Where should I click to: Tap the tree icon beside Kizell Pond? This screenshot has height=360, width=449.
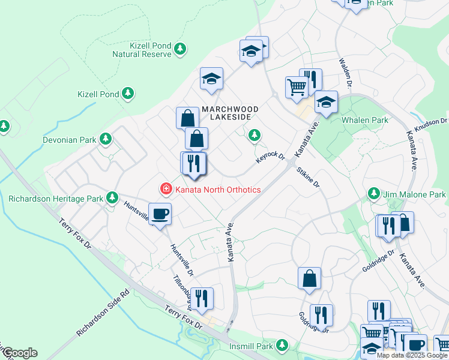point(127,94)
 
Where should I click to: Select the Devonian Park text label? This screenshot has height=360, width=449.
point(70,140)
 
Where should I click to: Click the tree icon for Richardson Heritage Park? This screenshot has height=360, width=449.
point(112,197)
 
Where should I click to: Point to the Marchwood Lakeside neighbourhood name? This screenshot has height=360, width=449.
point(230,113)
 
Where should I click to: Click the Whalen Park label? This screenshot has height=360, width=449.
point(365,120)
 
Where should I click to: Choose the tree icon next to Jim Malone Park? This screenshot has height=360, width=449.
point(374,194)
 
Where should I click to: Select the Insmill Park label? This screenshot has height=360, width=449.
point(251,346)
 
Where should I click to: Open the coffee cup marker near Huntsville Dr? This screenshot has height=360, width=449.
point(160,214)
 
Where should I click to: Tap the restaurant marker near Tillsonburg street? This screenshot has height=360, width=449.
point(201,298)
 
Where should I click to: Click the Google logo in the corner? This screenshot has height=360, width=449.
point(20,353)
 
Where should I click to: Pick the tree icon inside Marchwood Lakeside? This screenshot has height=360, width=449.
point(255,136)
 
